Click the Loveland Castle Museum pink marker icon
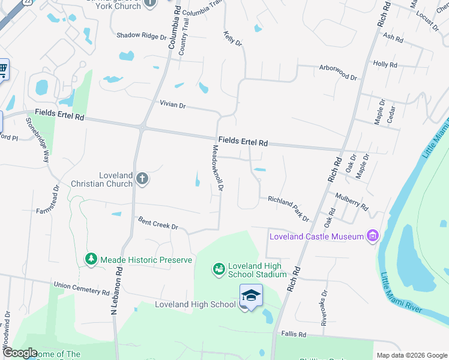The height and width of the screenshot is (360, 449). [x=373, y=236]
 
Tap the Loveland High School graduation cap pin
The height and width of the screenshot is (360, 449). [x=251, y=295]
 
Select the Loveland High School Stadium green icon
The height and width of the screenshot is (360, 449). [x=219, y=269]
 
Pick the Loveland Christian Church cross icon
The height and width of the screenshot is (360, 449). [x=142, y=178]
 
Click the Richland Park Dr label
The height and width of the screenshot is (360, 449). [x=288, y=208]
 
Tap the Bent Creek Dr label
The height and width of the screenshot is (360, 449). [x=158, y=224]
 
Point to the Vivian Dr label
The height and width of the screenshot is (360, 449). [x=172, y=104]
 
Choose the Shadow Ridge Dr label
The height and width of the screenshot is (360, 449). [x=141, y=36]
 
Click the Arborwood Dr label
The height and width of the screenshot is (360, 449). [x=338, y=72]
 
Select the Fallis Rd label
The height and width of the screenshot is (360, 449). [x=294, y=334]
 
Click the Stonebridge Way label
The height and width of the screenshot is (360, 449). [x=37, y=140]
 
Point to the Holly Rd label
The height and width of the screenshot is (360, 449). [x=385, y=64]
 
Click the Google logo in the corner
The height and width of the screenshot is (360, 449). [x=20, y=352]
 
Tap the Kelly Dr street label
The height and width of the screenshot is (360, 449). [x=232, y=39]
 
